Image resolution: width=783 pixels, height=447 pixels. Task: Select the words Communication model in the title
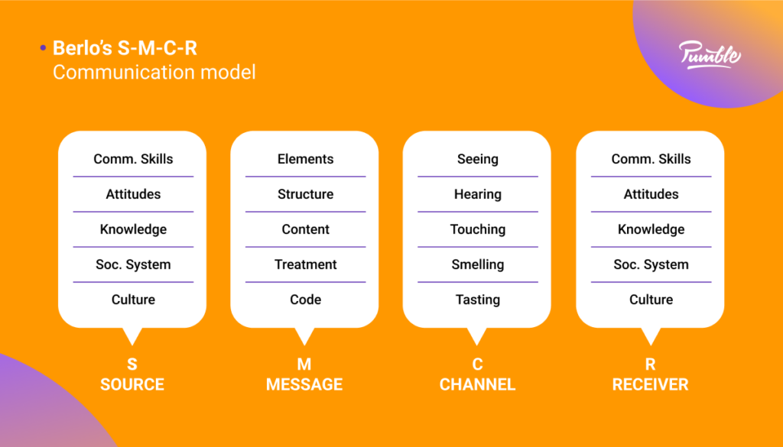[x=154, y=73]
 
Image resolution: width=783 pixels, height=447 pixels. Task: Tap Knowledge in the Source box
[x=133, y=229]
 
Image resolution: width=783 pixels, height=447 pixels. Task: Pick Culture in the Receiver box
[x=651, y=300]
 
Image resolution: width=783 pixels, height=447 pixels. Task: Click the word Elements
[x=305, y=159]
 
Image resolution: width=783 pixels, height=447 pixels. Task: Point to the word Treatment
[x=305, y=264]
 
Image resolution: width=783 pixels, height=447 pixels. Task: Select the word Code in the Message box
[x=305, y=300]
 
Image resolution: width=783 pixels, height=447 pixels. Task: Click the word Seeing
[x=478, y=159]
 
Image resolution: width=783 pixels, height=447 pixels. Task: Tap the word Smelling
[x=478, y=264]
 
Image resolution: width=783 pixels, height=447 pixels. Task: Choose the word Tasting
[x=478, y=300]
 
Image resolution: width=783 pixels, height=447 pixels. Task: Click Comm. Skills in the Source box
[x=133, y=159]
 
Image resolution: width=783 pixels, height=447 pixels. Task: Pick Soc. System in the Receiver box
[x=651, y=264]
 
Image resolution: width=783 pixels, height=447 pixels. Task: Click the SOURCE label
[x=132, y=384]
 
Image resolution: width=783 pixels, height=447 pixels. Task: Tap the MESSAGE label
[x=304, y=384]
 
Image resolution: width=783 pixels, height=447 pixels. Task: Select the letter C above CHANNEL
[x=477, y=364]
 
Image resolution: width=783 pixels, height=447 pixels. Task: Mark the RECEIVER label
[x=650, y=384]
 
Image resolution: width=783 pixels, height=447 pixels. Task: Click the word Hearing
[x=478, y=194]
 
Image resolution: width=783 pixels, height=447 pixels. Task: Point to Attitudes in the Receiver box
[x=651, y=194]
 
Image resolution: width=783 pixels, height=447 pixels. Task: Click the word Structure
[x=305, y=194]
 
